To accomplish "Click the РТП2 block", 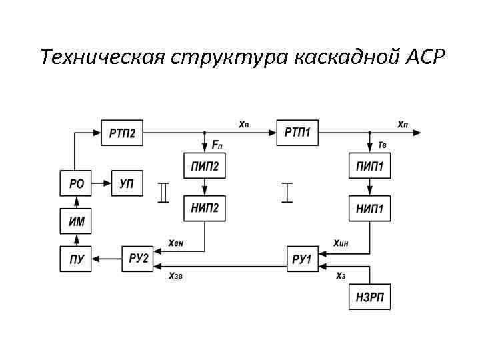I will tap(121, 133).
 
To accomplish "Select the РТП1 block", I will tap(297, 133).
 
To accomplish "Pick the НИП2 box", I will tap(205, 209).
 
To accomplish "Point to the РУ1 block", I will tap(302, 258).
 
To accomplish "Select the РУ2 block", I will tap(138, 258).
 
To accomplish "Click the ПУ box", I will tap(77, 259).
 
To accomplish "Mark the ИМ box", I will tap(77, 221).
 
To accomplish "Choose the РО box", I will tap(77, 183).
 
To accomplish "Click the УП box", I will tap(126, 183).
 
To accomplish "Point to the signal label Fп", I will tap(217, 144).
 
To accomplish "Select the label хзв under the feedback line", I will tap(175, 276).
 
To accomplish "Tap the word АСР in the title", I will tap(425, 57).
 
